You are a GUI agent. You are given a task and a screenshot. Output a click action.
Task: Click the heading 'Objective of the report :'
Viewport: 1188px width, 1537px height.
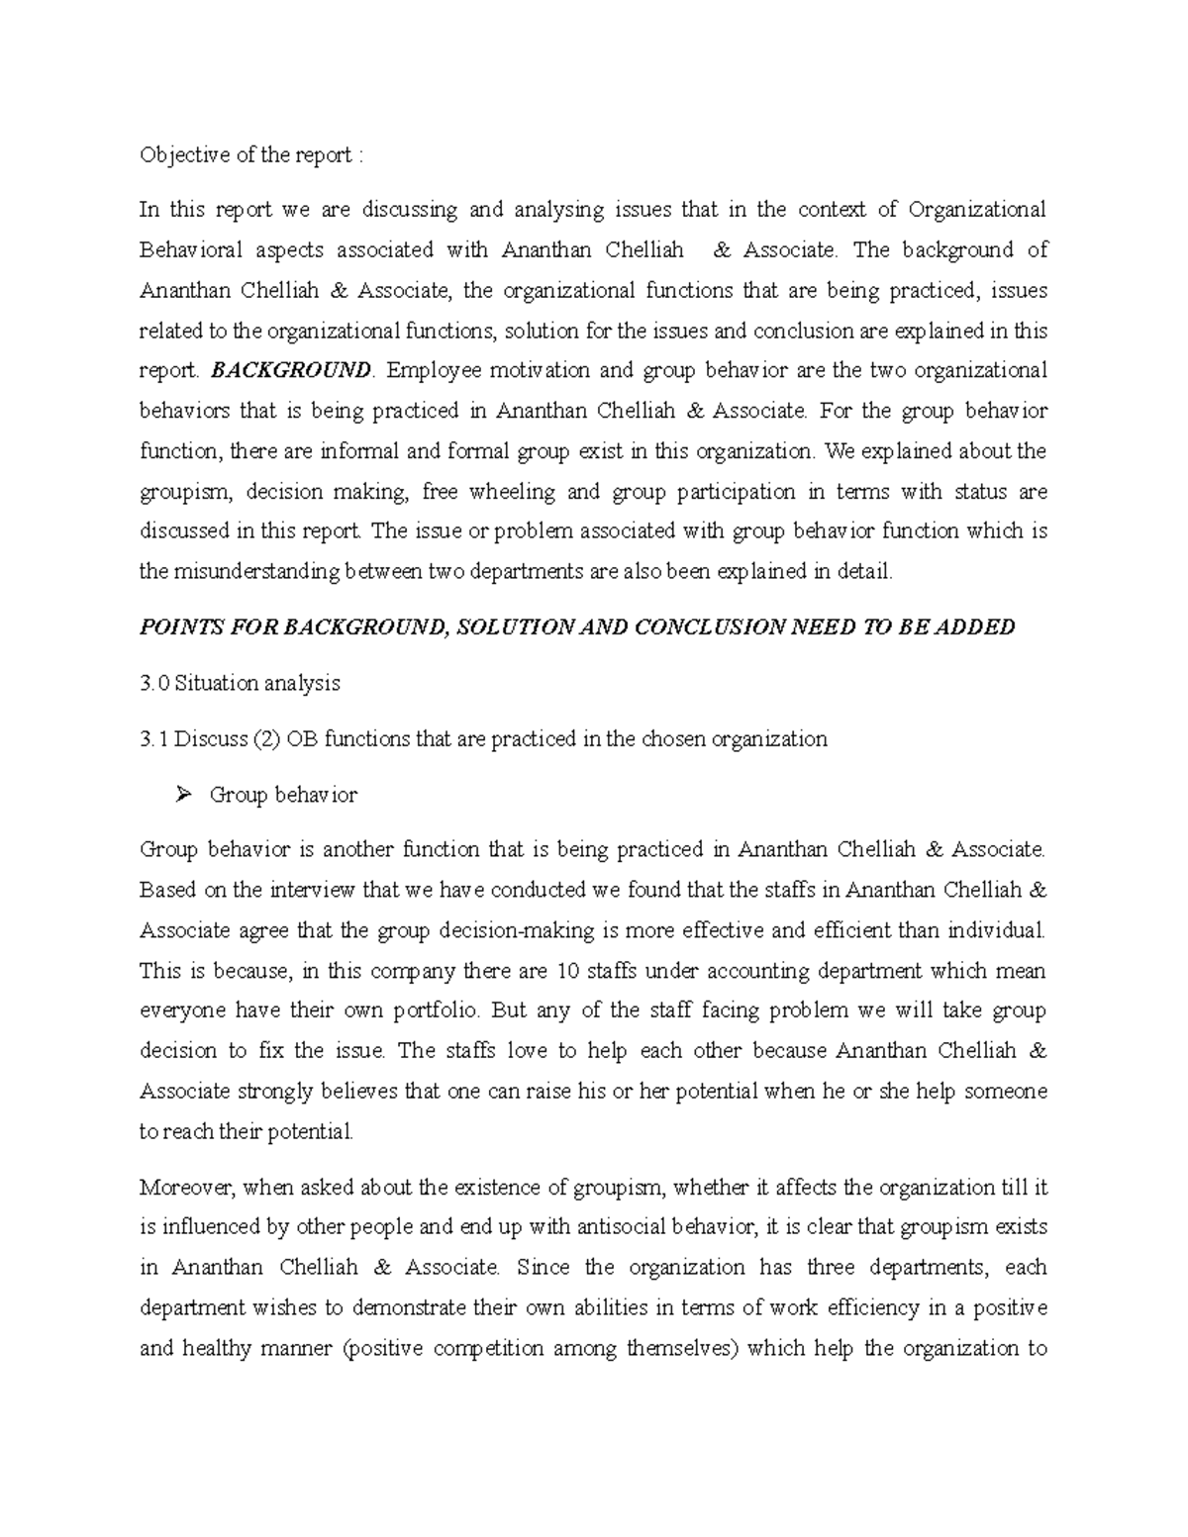coord(251,155)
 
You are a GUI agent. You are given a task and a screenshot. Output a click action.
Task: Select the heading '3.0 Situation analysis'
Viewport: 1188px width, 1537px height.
coord(240,683)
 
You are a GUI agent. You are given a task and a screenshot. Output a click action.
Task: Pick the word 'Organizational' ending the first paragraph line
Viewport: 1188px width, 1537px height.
coord(976,210)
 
